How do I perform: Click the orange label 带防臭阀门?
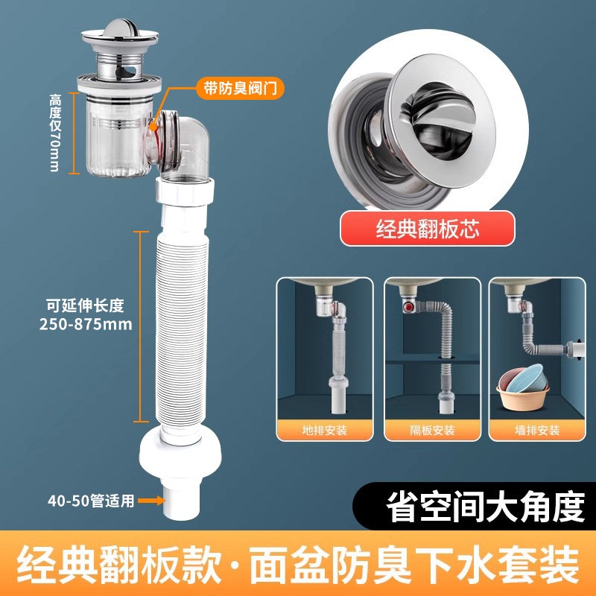pos(240,88)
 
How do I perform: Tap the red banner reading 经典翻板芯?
pos(427,229)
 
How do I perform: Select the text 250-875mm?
pos(86,324)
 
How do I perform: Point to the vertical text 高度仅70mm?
pos(55,133)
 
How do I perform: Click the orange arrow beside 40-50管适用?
pos(151,500)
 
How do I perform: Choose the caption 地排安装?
pos(325,431)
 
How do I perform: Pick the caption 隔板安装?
pos(432,431)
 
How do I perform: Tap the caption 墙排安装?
pos(537,431)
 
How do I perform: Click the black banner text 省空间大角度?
pos(485,507)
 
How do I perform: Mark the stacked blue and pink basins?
pos(523,387)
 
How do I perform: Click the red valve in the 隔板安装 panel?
pos(408,306)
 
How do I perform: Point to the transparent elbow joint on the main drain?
pos(178,145)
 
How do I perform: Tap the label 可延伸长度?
pos(85,305)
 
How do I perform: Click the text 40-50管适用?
pos(91,501)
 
